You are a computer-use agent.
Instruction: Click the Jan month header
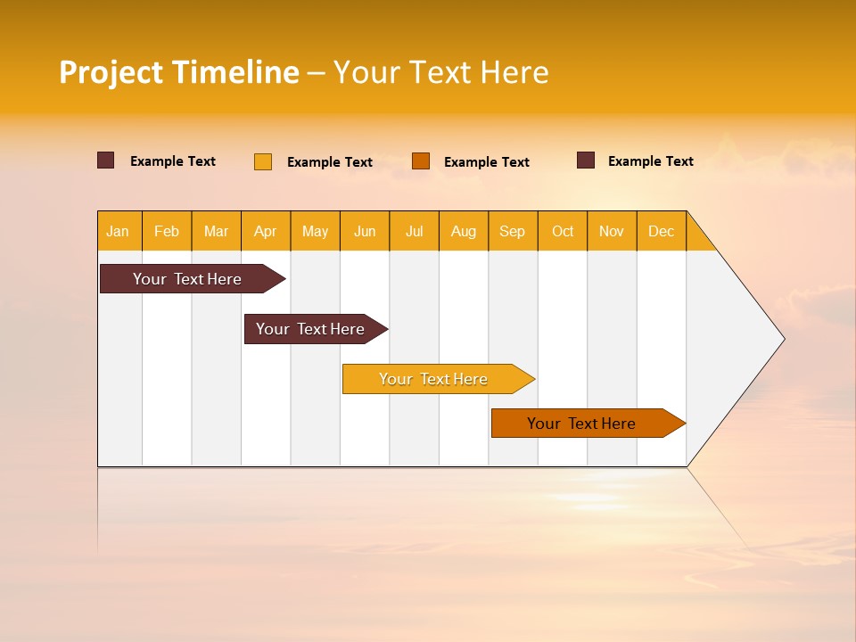(x=119, y=231)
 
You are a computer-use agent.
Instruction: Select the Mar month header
(x=216, y=231)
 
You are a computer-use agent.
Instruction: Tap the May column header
(x=315, y=231)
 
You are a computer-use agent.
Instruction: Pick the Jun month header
(x=365, y=231)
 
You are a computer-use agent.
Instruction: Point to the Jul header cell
(x=414, y=231)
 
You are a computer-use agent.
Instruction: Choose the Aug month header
(x=464, y=231)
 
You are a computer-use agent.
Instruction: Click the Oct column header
(x=563, y=231)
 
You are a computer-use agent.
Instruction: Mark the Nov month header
(x=612, y=231)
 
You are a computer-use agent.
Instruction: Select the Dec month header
(x=661, y=231)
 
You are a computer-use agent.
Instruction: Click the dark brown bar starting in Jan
(x=188, y=279)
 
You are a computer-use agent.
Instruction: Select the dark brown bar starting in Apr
(x=311, y=329)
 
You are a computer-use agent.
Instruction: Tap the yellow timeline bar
(x=434, y=379)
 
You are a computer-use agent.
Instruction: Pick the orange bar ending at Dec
(x=582, y=424)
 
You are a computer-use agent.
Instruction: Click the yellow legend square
(x=263, y=161)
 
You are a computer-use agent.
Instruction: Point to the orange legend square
(x=421, y=161)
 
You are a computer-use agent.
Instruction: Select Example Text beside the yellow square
(x=330, y=162)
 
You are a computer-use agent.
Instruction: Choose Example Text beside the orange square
(x=487, y=162)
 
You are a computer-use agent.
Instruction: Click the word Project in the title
(x=111, y=72)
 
